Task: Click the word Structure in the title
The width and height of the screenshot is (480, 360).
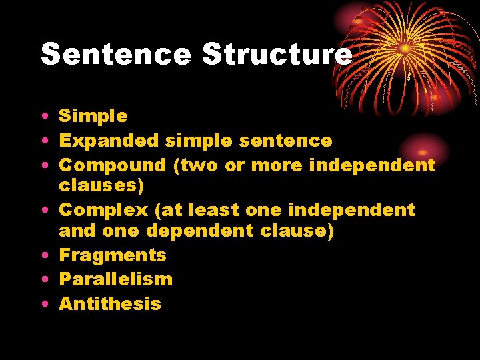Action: click(x=277, y=54)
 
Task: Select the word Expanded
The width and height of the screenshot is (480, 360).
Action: click(x=109, y=141)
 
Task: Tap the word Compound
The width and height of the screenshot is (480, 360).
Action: click(x=112, y=165)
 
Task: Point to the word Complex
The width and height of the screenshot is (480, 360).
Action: click(x=103, y=210)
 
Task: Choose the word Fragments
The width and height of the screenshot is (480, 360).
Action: click(x=113, y=255)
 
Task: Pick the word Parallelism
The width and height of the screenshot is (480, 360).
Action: click(x=115, y=279)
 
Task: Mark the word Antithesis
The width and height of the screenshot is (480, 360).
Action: click(x=110, y=304)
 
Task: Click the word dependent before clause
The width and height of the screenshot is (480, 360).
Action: click(x=198, y=231)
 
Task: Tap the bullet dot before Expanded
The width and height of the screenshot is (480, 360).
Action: click(x=43, y=141)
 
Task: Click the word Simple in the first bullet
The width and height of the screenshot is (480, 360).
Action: click(x=93, y=117)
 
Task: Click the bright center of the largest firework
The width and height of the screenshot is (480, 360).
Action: click(x=405, y=49)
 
